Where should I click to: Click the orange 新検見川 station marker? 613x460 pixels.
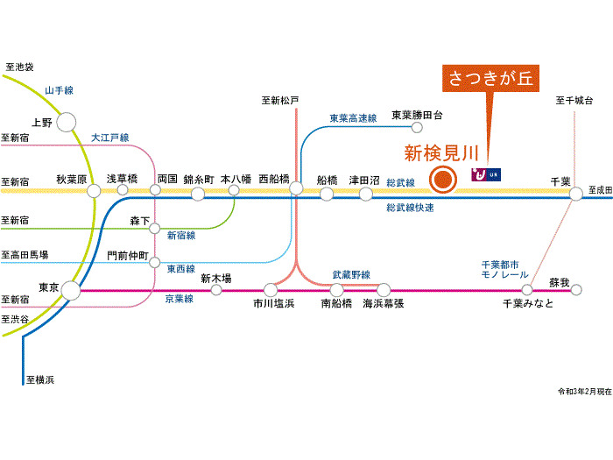point(443,180)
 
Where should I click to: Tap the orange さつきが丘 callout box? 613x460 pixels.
point(490,80)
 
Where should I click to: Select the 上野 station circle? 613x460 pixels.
point(66,124)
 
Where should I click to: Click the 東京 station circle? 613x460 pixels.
point(70,289)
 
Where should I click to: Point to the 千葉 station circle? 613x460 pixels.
point(575,194)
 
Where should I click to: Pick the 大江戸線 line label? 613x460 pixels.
point(109,138)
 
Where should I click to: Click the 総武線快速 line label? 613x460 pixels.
point(410,208)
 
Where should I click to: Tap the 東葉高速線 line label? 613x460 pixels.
point(353,117)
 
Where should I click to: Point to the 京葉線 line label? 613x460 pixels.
point(179,299)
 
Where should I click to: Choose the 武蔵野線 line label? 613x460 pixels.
point(350,274)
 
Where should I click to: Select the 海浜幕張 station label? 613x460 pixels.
point(384,303)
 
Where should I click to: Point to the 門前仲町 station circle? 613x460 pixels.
point(154,260)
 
